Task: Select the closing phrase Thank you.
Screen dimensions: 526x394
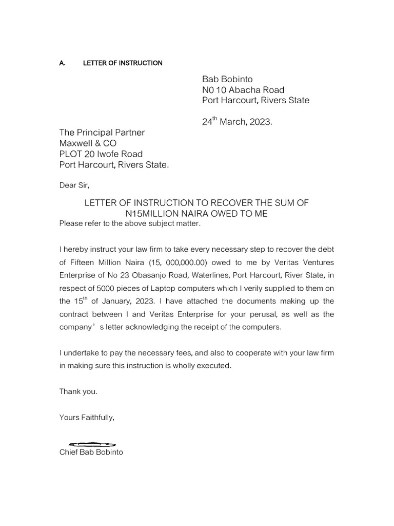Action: point(78,391)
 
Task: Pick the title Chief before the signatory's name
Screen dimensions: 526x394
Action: point(69,453)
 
